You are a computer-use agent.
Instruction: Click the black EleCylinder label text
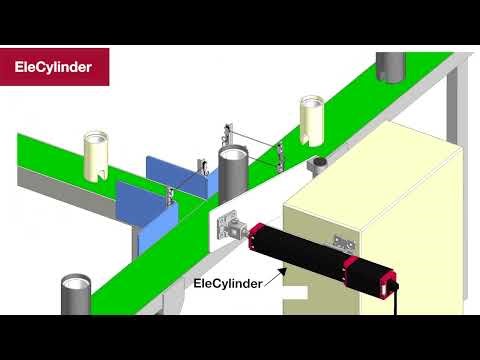(227, 283)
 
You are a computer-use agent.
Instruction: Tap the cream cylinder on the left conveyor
(99, 155)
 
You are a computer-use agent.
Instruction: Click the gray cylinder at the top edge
(391, 68)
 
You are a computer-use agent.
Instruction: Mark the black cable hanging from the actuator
(398, 299)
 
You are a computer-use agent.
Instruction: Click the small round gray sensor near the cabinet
(319, 163)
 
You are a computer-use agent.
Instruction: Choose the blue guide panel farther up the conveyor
(175, 172)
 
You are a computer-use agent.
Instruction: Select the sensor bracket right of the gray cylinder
(283, 150)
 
